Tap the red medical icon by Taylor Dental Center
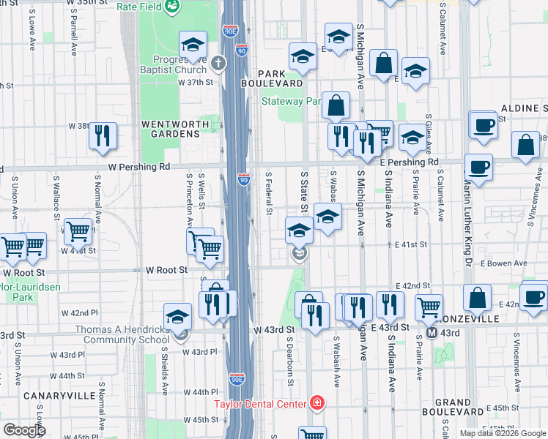[x=316, y=402]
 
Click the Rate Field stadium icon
[x=173, y=7]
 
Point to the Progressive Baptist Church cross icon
[x=217, y=64]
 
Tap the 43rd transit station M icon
[x=432, y=333]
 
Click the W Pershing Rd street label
[x=138, y=167]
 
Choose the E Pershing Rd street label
[x=409, y=162]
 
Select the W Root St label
[x=167, y=270]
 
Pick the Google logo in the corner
[x=24, y=429]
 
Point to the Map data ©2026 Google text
[x=502, y=433]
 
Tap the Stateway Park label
[x=291, y=101]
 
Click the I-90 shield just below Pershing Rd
[x=243, y=179]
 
